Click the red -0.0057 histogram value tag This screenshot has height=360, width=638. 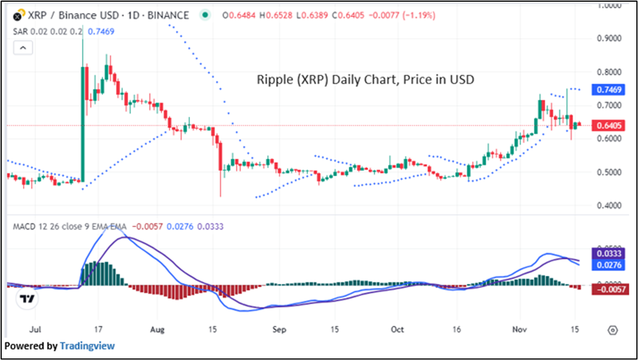coord(609,290)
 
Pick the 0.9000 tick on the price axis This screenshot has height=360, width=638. coord(609,38)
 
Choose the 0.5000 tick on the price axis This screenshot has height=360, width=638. coord(609,172)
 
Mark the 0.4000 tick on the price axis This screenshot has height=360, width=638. coord(609,205)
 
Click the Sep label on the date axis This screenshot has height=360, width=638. coord(279,330)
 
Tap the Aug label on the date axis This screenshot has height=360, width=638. coord(157,330)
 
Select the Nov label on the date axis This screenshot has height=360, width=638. coord(519,330)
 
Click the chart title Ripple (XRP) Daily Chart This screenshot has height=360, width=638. coord(365,80)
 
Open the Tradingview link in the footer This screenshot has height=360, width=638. coord(88,346)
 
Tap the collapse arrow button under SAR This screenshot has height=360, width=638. coord(23,48)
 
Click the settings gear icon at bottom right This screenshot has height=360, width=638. coord(613,330)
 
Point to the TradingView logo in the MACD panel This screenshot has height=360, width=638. coord(26,298)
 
